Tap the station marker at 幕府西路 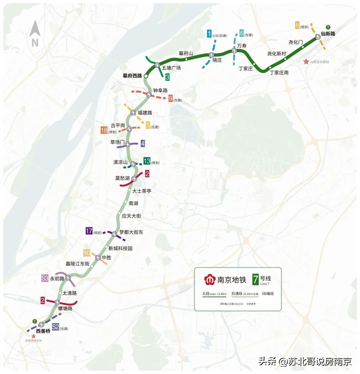point(146,76)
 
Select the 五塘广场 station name point(171,68)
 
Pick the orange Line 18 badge point(104,130)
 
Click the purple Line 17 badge point(89,231)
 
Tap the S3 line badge point(45,278)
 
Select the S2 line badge point(56,327)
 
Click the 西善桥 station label point(43,331)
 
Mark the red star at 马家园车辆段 point(306,62)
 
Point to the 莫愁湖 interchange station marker point(135,178)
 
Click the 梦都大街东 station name point(131,232)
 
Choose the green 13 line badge point(147,161)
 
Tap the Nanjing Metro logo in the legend point(210,280)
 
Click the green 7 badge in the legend point(256,279)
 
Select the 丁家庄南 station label point(279,72)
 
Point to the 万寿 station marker point(234,51)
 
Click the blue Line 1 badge point(209,34)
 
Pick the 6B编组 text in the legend point(268,294)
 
